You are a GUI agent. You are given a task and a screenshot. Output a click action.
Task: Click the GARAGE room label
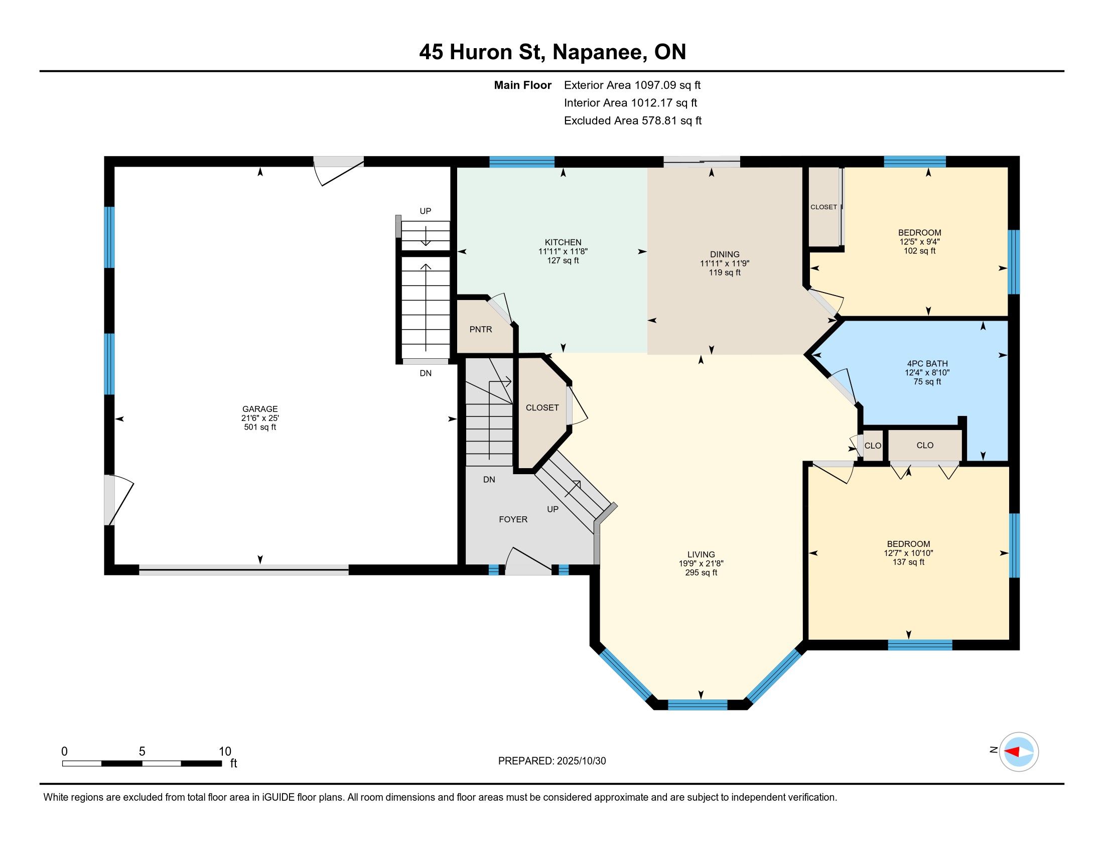pyautogui.click(x=260, y=409)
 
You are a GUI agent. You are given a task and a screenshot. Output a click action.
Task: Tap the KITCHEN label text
pyautogui.click(x=563, y=242)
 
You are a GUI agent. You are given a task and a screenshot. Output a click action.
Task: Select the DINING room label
pyautogui.click(x=724, y=254)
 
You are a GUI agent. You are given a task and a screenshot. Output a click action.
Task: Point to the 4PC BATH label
pyautogui.click(x=927, y=363)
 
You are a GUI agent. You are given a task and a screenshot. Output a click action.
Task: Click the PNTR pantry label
pyautogui.click(x=480, y=329)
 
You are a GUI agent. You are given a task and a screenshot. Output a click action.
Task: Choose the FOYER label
pyautogui.click(x=513, y=519)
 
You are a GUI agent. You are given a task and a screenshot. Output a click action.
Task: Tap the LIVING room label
pyautogui.click(x=701, y=554)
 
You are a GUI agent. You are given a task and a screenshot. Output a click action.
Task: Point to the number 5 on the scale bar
pyautogui.click(x=142, y=752)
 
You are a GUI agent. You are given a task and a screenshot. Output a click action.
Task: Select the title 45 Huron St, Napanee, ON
pyautogui.click(x=553, y=52)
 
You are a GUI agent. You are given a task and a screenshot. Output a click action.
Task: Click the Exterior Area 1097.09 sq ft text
pyautogui.click(x=632, y=85)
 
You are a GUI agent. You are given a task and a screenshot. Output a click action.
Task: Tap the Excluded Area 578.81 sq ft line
pyautogui.click(x=633, y=120)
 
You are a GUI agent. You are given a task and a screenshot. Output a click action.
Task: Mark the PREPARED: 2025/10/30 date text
pyautogui.click(x=552, y=761)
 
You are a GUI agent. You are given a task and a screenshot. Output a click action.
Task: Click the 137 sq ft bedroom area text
pyautogui.click(x=908, y=562)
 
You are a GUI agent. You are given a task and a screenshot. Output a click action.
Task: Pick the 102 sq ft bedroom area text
pyautogui.click(x=919, y=251)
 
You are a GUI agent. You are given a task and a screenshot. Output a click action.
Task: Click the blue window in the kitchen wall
pyautogui.click(x=522, y=162)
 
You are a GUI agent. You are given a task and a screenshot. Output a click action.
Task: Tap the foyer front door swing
pyautogui.click(x=528, y=561)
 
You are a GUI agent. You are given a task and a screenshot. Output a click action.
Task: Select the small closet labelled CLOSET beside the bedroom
pyautogui.click(x=823, y=207)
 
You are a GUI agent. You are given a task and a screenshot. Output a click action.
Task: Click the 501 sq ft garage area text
pyautogui.click(x=260, y=427)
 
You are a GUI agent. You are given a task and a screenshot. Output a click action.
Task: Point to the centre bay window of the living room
pyautogui.click(x=698, y=705)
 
